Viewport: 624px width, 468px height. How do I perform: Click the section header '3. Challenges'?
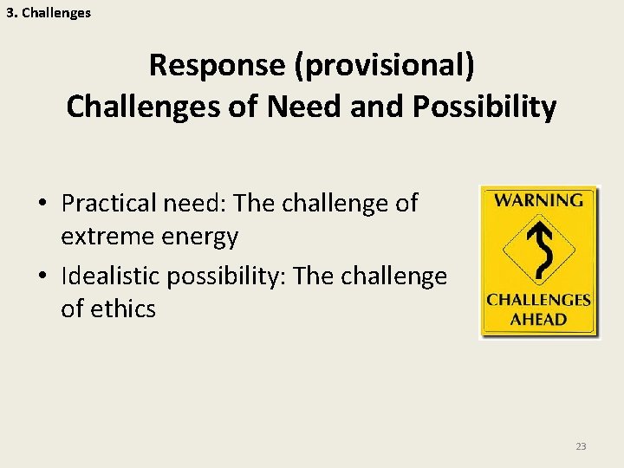(x=49, y=13)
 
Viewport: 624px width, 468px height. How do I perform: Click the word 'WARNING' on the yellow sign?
(x=539, y=200)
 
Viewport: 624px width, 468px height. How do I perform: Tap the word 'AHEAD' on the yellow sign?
(x=538, y=319)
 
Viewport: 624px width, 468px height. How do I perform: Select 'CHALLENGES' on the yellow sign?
(x=538, y=301)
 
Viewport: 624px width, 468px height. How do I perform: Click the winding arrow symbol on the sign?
(x=540, y=251)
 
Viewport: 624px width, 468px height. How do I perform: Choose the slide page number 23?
(x=581, y=446)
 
